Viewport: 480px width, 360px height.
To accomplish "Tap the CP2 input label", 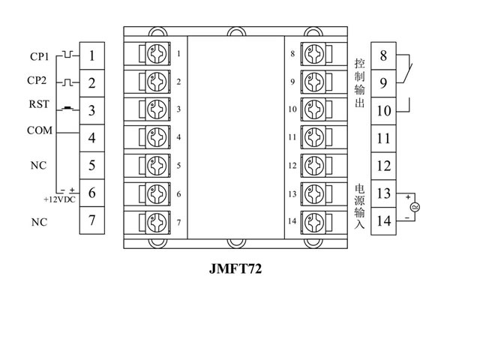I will [x=38, y=80].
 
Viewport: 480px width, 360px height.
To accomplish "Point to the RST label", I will [x=38, y=106].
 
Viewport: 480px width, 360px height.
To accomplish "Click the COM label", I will [x=39, y=130].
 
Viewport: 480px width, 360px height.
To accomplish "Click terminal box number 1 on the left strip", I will [x=91, y=55].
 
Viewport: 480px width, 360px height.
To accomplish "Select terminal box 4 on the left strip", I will [x=91, y=138].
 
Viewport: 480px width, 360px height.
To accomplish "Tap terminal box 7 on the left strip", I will [x=91, y=220].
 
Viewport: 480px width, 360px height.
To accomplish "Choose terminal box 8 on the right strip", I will [x=383, y=55].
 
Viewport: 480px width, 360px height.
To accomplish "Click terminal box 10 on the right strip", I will [x=383, y=111].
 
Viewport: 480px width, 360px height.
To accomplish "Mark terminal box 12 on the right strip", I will [x=383, y=166].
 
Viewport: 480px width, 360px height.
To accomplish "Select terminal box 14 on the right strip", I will [x=383, y=220].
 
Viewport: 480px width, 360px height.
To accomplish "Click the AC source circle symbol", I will [x=412, y=207].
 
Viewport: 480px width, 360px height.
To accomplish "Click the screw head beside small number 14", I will [x=314, y=222].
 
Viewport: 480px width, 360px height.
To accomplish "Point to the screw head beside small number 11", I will [x=314, y=138].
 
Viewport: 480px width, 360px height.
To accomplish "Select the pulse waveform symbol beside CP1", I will [x=67, y=55].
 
